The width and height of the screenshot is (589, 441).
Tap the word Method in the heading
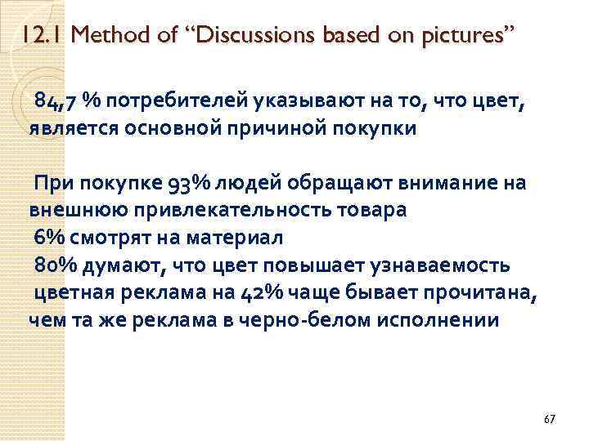pyautogui.click(x=110, y=35)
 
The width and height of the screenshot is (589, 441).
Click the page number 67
pyautogui.click(x=549, y=419)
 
